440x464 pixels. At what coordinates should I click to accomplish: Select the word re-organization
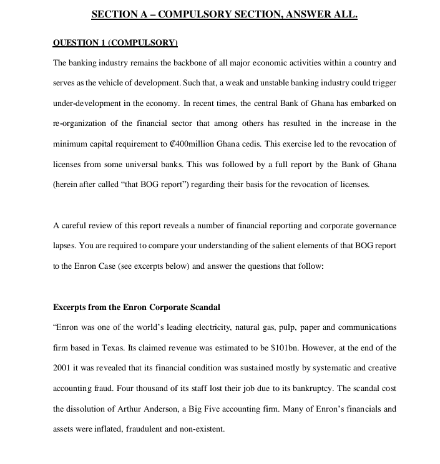(80, 123)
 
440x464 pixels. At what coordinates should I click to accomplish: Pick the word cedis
(251, 143)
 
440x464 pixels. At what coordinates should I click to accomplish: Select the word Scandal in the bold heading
(204, 307)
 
